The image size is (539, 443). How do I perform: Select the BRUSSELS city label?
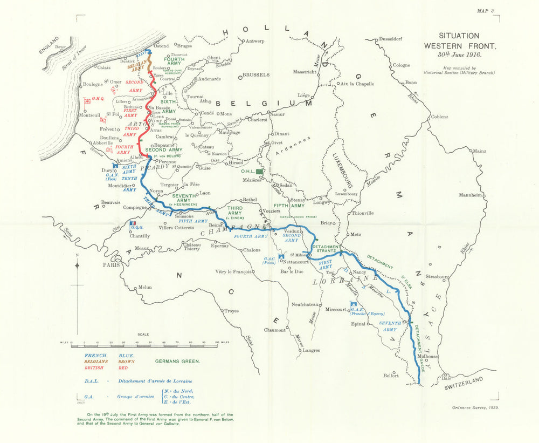[255, 75]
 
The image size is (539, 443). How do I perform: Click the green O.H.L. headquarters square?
[259, 171]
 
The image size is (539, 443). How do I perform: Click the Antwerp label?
[256, 41]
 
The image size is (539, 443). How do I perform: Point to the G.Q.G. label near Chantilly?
[135, 228]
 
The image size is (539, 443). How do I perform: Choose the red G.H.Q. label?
[98, 99]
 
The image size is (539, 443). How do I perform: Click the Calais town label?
[103, 67]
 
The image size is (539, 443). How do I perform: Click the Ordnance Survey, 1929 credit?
[474, 407]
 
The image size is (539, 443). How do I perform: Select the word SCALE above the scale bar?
[143, 335]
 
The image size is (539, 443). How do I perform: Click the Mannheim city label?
[469, 195]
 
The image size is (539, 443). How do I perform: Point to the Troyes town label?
[231, 311]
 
